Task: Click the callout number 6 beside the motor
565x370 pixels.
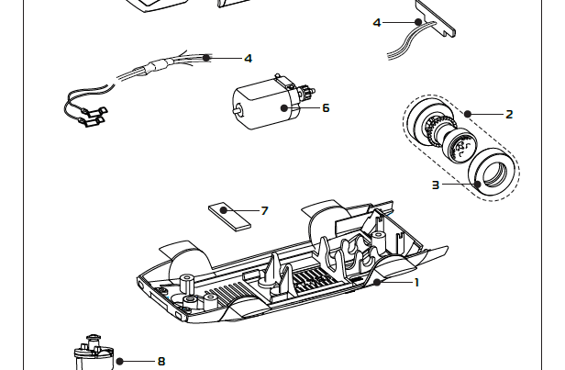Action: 325,108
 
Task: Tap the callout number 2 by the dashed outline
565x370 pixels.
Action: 509,115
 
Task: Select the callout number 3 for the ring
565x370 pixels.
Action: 436,185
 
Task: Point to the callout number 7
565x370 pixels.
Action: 264,211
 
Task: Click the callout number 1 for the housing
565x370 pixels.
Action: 415,282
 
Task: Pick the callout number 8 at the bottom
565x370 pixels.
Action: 161,361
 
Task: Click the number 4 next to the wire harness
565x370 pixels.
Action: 248,58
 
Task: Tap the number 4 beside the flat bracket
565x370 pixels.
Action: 377,22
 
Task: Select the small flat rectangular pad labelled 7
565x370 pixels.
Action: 228,214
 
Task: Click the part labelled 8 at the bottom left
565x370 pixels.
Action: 93,353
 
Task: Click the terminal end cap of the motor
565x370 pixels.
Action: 303,95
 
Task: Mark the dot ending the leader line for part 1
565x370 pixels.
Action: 376,282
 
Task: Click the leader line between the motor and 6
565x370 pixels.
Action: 304,108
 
